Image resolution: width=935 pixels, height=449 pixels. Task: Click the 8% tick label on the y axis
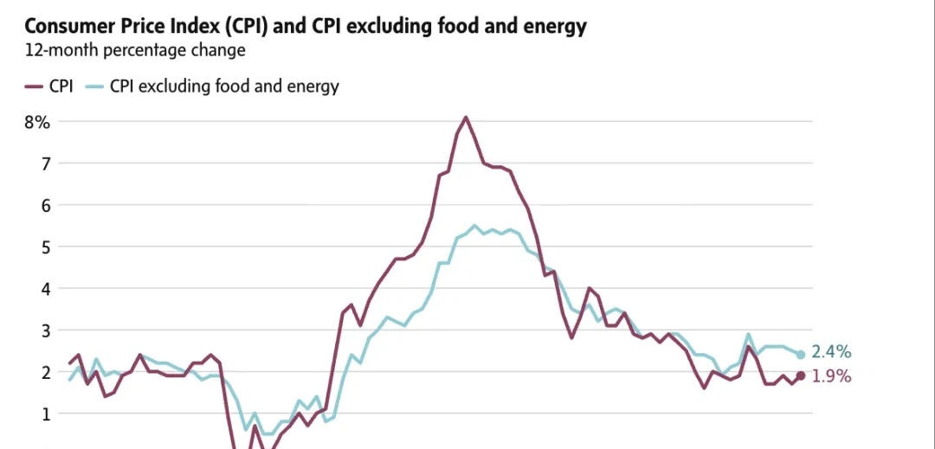pyautogui.click(x=37, y=122)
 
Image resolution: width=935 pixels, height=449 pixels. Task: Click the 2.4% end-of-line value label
pyautogui.click(x=831, y=352)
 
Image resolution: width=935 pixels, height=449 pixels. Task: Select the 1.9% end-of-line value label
pyautogui.click(x=831, y=376)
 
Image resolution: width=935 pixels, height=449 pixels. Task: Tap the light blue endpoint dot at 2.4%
pyautogui.click(x=801, y=355)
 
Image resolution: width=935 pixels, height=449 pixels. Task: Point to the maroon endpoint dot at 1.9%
pyautogui.click(x=801, y=375)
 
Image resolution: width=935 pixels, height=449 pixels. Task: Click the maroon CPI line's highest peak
pyautogui.click(x=466, y=117)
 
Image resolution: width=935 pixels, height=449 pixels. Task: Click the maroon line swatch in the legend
pyautogui.click(x=34, y=87)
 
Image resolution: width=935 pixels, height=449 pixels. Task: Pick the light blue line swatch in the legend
pyautogui.click(x=95, y=87)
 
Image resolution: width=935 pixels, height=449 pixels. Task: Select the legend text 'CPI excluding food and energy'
pyautogui.click(x=224, y=87)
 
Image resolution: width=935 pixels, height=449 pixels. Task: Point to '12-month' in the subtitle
pyautogui.click(x=61, y=50)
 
